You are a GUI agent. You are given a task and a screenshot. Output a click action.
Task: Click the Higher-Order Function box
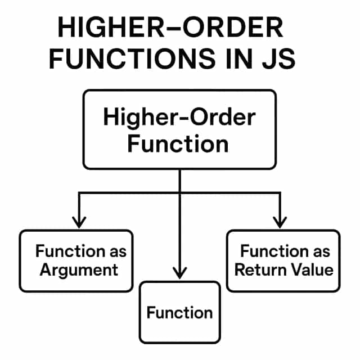(x=179, y=129)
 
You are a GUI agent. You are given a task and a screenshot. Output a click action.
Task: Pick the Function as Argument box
(x=76, y=260)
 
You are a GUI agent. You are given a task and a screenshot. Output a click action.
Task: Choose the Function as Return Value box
(x=283, y=260)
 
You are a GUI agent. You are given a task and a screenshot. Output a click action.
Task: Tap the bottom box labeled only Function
(x=179, y=312)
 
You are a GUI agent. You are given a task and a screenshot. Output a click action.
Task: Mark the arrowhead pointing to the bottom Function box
(x=179, y=273)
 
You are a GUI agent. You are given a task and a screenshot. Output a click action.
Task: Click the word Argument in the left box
(x=79, y=269)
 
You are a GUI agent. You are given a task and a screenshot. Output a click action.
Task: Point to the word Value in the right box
(x=311, y=269)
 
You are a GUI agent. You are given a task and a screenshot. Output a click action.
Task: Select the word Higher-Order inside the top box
(x=179, y=118)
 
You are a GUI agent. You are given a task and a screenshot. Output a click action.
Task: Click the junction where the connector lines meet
(x=179, y=193)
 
